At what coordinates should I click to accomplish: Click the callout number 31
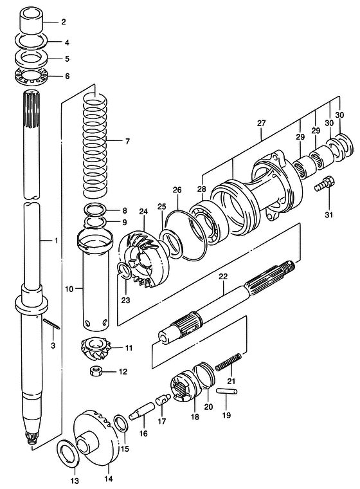(x=329, y=214)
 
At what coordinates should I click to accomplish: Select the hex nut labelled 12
(x=96, y=371)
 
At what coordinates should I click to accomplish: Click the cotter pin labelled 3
(x=51, y=324)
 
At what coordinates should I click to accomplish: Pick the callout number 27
(x=261, y=123)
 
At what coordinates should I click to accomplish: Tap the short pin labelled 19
(x=227, y=391)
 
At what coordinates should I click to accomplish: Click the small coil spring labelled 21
(x=229, y=362)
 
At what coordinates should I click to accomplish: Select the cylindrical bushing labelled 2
(x=31, y=21)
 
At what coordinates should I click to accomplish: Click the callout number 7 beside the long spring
(x=127, y=142)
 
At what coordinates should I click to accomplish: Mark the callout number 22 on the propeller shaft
(x=223, y=277)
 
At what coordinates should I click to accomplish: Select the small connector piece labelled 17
(x=163, y=399)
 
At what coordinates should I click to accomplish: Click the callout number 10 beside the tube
(x=69, y=289)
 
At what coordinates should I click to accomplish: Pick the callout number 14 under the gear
(x=109, y=478)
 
